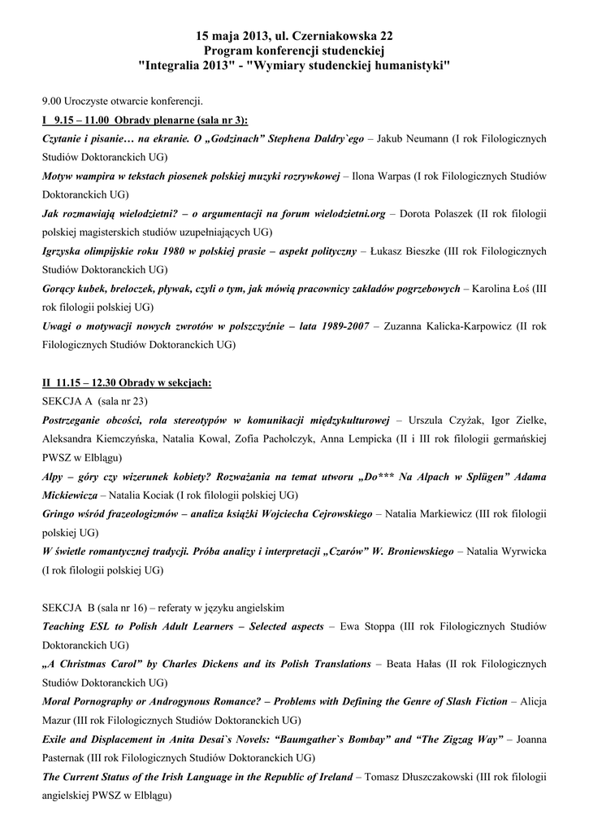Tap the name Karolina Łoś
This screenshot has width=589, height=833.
[x=500, y=288]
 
